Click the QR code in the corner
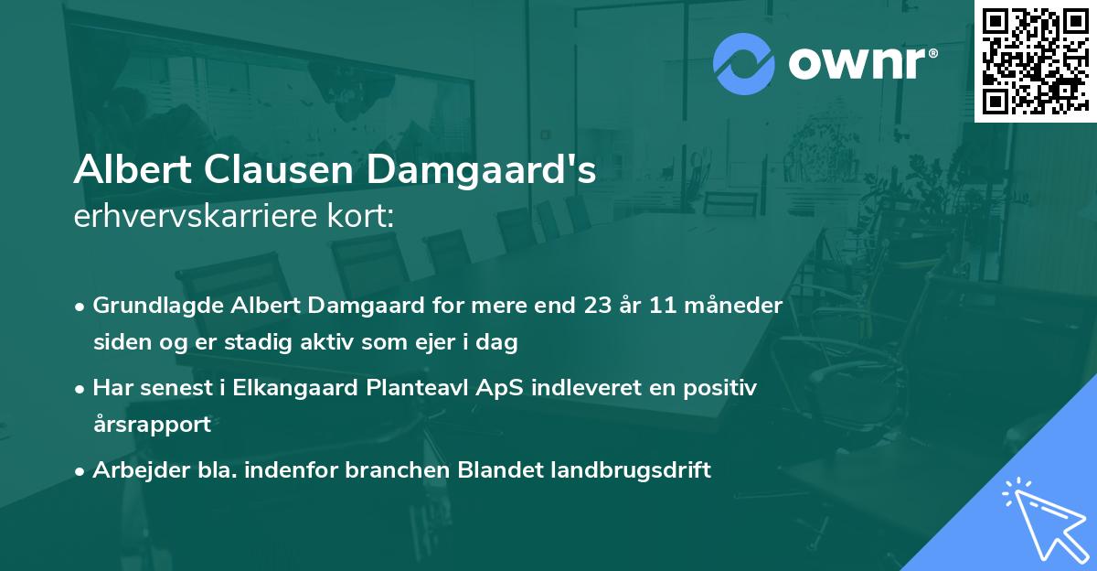click(x=1035, y=60)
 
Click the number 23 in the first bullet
click(x=599, y=306)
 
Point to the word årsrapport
click(x=152, y=425)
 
